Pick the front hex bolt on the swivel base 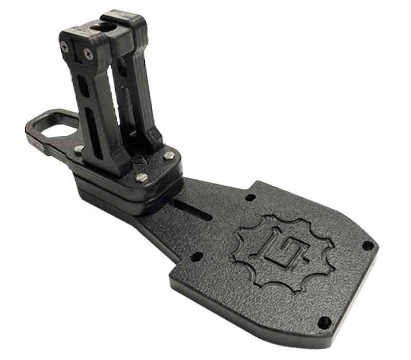point(141,177)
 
